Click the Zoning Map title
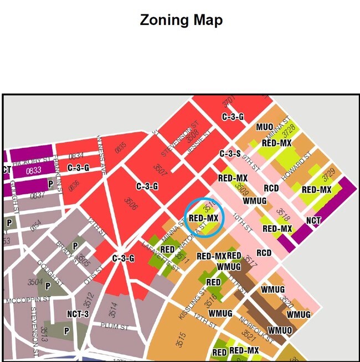[181, 20]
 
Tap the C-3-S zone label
[230, 154]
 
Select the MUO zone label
[264, 127]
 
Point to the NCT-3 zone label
[78, 313]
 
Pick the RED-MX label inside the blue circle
[203, 218]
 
